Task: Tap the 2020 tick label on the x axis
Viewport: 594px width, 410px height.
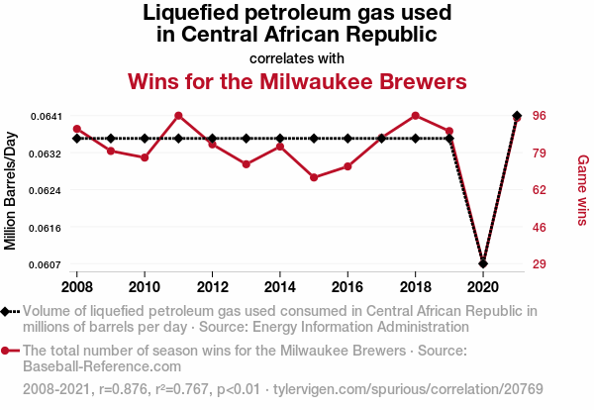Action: [482, 287]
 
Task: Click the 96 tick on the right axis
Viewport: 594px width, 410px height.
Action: [541, 116]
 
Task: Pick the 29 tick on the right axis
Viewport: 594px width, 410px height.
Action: [541, 264]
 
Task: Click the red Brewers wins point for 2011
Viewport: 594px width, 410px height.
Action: [178, 116]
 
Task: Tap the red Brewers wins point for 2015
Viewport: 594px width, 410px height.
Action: [314, 177]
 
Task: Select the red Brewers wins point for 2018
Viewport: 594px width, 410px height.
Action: [415, 115]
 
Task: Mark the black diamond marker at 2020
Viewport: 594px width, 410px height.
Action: [483, 263]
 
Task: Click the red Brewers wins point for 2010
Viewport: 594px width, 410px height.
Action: [145, 157]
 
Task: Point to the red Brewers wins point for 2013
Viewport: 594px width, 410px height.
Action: [246, 164]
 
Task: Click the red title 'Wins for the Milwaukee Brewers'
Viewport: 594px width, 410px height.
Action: [297, 79]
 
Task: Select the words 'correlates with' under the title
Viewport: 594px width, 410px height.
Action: [297, 57]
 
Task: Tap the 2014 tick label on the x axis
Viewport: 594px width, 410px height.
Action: [280, 287]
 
